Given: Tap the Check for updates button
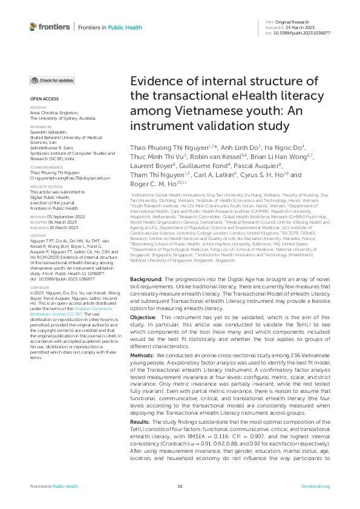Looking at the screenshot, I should point(53,80).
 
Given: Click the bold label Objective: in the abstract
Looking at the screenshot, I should point(144,317).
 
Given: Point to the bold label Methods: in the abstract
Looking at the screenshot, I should point(143,355).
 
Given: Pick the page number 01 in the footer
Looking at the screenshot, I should point(180,487).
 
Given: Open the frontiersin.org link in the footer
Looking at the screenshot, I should point(315,487).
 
